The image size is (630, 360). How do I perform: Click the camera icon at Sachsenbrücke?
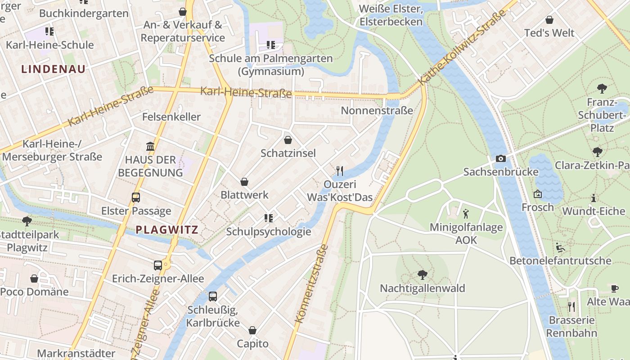pyautogui.click(x=500, y=159)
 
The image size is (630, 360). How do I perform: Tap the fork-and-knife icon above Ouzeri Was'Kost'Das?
pyautogui.click(x=340, y=171)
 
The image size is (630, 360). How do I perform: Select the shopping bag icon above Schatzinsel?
pyautogui.click(x=288, y=140)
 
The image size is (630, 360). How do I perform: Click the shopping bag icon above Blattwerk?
pyautogui.click(x=244, y=182)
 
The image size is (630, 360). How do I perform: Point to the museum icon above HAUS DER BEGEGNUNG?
pyautogui.click(x=150, y=146)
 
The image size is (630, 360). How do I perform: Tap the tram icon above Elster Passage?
pyautogui.click(x=135, y=197)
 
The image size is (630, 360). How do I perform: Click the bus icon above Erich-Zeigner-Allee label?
pyautogui.click(x=158, y=265)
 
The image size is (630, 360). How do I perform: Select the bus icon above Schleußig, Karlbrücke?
pyautogui.click(x=213, y=297)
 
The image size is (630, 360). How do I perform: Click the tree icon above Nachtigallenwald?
pyautogui.click(x=422, y=274)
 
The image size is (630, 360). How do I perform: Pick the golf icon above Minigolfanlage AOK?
pyautogui.click(x=466, y=213)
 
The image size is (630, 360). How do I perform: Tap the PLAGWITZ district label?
pyautogui.click(x=167, y=229)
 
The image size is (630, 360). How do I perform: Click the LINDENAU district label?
pyautogui.click(x=53, y=69)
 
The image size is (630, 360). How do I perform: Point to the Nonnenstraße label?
pyautogui.click(x=377, y=111)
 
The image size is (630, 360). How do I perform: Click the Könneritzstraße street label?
pyautogui.click(x=311, y=283)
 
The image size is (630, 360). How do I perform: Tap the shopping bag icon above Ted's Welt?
pyautogui.click(x=549, y=20)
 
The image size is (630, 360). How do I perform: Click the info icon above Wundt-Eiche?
pyautogui.click(x=594, y=198)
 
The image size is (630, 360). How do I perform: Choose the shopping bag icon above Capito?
pyautogui.click(x=252, y=331)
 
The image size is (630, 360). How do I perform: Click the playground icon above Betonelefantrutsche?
pyautogui.click(x=560, y=247)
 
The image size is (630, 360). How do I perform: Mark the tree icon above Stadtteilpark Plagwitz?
pyautogui.click(x=27, y=221)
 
